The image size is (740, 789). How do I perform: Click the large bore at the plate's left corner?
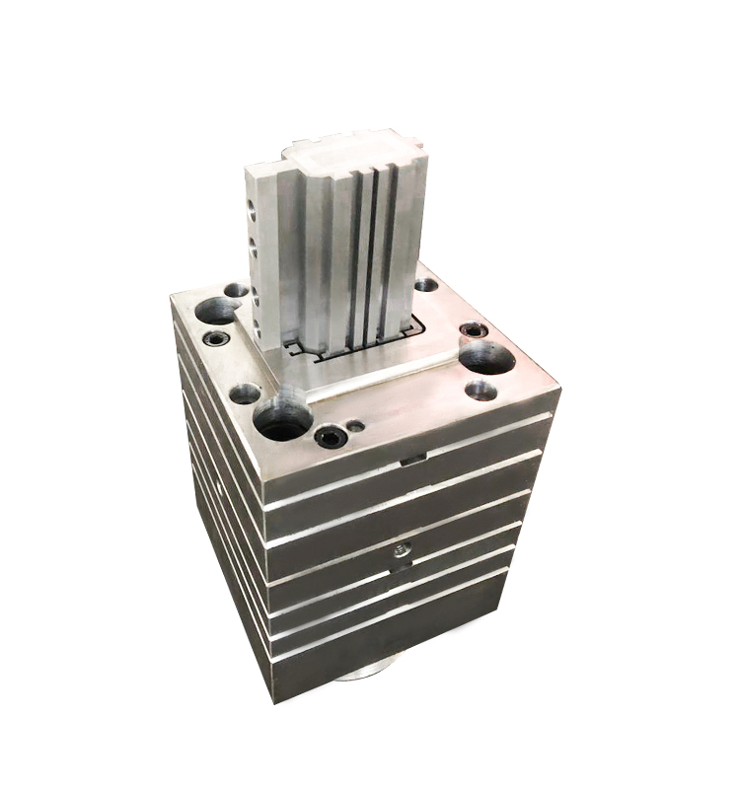point(215,312)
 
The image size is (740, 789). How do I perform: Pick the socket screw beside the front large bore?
point(328,434)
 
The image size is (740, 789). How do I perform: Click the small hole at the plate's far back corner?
point(425,285)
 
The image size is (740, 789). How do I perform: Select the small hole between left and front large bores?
point(245,394)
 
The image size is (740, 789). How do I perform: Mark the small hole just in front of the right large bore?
point(480,390)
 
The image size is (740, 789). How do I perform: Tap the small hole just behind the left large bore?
point(236,291)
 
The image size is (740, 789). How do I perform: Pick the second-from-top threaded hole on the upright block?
point(255,247)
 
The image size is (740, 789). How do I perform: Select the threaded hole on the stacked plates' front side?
point(400,549)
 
